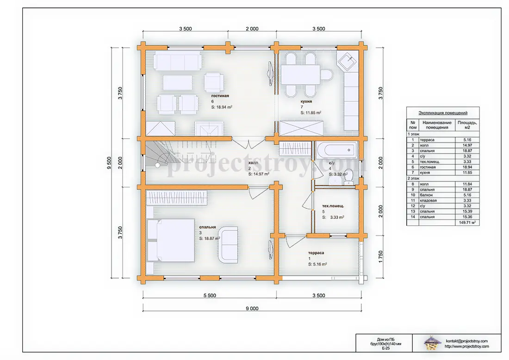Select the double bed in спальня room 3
pos(171,240)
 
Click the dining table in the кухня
pos(300,74)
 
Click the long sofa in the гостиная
pos(177,60)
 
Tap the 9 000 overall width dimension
pos(252,308)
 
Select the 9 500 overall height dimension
pos(109,163)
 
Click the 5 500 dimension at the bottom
pos(210,295)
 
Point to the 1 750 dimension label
pos(380,257)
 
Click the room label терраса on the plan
pos(316,253)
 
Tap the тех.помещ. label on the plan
pos(333,206)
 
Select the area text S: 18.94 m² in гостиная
pos(222,107)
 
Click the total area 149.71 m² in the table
pos(467,223)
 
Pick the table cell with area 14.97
pos(467,145)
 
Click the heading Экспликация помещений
pos(443,113)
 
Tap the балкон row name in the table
pos(426,195)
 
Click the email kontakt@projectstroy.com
pos(466,341)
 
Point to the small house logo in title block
pos(431,343)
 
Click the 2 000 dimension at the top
pos(252,29)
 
